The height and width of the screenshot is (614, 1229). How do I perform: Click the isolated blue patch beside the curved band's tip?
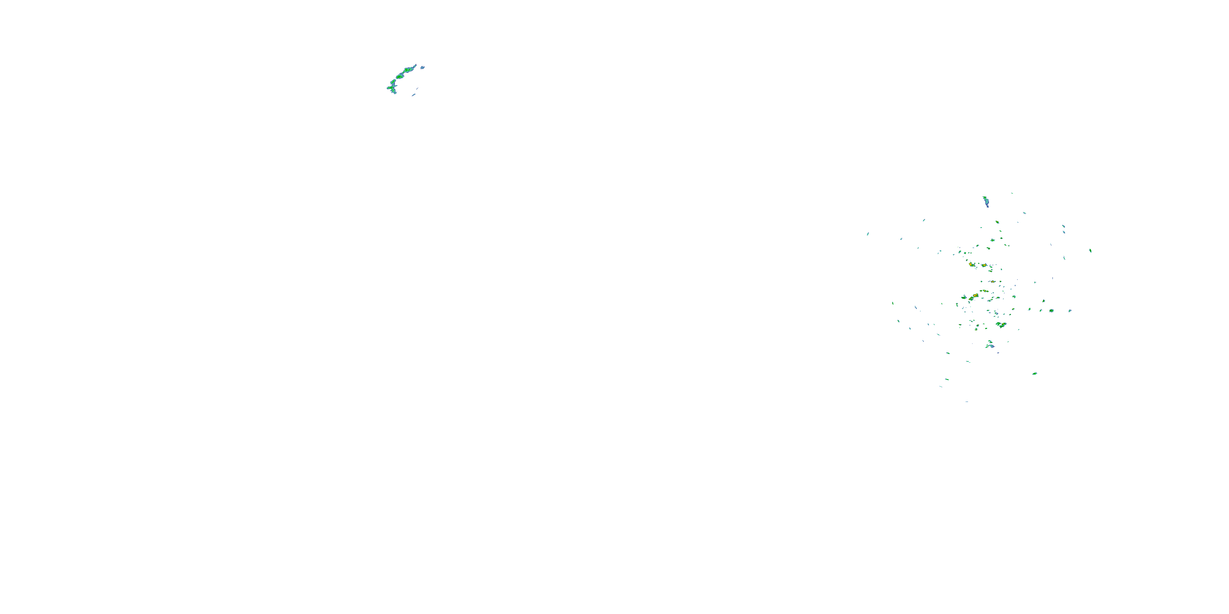(x=422, y=68)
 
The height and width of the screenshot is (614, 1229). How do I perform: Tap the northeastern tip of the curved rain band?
(x=415, y=65)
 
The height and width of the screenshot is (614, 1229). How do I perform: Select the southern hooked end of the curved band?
(x=394, y=92)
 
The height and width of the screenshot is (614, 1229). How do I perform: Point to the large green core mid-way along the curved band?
(x=400, y=76)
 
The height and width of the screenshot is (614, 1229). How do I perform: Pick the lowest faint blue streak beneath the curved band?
(x=414, y=95)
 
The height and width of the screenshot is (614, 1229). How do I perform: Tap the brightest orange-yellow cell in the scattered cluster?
(x=971, y=264)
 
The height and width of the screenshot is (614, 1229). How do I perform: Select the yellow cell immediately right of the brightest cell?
(x=983, y=265)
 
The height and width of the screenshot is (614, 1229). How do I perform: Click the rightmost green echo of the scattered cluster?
(x=1090, y=250)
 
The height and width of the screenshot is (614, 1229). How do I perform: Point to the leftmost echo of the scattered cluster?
(x=868, y=234)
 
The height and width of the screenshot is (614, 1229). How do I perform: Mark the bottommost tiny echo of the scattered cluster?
(x=966, y=402)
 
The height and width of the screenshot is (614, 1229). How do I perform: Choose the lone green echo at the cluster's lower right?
(x=1034, y=373)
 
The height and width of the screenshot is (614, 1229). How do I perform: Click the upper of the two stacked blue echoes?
(x=1063, y=226)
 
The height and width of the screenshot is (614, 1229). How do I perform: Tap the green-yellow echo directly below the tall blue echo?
(x=997, y=222)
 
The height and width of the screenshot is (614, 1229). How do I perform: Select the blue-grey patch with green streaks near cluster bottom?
(x=991, y=344)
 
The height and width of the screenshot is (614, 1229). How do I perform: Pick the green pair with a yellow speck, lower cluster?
(x=1001, y=325)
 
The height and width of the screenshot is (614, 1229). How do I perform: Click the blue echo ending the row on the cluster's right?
(x=1070, y=310)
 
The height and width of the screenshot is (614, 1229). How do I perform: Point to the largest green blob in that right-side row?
(x=1051, y=310)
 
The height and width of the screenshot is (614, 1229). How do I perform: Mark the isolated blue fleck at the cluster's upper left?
(x=924, y=220)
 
